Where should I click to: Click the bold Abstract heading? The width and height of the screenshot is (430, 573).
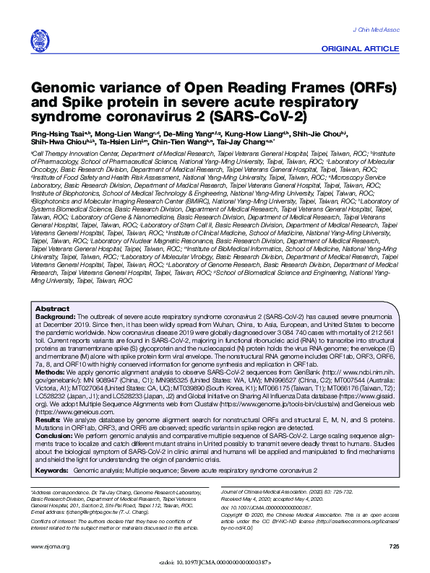tap(51, 329)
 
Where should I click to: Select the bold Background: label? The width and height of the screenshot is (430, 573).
tap(55, 337)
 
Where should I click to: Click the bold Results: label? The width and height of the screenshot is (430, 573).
tap(48, 419)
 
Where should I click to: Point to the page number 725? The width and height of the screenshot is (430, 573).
tap(393, 546)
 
